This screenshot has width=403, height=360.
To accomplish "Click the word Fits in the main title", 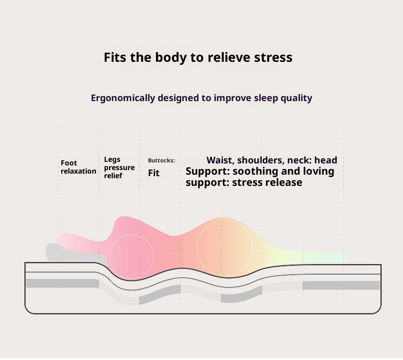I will [x=115, y=57].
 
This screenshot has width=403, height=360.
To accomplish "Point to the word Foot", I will [x=69, y=163].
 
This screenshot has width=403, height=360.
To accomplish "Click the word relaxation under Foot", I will [x=79, y=171].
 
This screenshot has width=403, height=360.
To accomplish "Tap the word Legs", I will [x=112, y=160].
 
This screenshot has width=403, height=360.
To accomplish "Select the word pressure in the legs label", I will [x=119, y=168].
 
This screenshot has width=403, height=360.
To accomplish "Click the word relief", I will [x=113, y=176].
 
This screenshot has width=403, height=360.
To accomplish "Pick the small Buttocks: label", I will [x=161, y=160].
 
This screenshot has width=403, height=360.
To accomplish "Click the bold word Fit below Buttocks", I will [x=154, y=173].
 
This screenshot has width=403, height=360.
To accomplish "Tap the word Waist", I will [x=220, y=160].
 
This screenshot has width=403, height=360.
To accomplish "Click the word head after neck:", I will [x=325, y=160].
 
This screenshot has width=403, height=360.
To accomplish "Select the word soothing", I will [x=254, y=171].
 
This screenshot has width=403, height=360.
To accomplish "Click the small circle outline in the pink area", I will [x=132, y=257].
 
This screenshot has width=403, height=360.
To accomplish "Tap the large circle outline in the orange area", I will [x=224, y=243].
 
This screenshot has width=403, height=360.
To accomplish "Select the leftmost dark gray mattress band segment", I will [x=62, y=283].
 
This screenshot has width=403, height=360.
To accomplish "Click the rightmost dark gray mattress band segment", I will [x=341, y=285].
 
